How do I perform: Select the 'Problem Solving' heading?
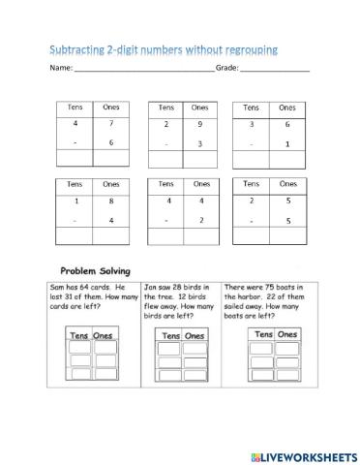tap(95, 271)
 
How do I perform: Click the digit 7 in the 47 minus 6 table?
tap(109, 124)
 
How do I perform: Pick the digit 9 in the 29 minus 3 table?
tap(200, 124)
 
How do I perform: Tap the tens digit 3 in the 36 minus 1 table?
tap(252, 124)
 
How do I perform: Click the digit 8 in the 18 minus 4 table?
tap(109, 201)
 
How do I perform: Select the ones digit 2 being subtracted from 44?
tap(200, 220)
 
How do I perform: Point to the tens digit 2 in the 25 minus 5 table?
tap(252, 201)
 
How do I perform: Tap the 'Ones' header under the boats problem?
tap(286, 334)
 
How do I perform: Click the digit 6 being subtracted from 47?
tap(109, 142)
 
